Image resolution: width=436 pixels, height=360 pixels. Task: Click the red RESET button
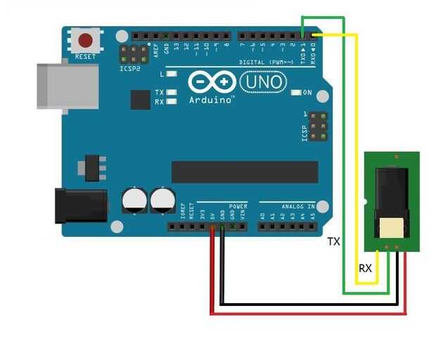click(x=86, y=41)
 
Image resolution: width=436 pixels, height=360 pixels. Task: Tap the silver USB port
click(x=68, y=86)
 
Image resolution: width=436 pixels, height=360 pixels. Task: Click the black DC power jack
click(x=81, y=205)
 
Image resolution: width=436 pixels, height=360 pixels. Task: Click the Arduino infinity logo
click(x=212, y=83)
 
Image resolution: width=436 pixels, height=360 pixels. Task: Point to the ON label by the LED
click(x=307, y=93)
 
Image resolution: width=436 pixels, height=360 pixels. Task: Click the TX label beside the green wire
click(x=333, y=242)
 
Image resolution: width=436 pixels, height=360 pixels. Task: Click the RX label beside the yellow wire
click(x=365, y=269)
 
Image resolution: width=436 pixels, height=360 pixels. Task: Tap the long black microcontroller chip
click(x=240, y=172)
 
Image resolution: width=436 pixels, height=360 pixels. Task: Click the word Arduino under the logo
click(x=211, y=100)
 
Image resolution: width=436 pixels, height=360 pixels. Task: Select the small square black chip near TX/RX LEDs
click(x=141, y=99)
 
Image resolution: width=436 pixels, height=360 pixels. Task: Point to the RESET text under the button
click(x=85, y=56)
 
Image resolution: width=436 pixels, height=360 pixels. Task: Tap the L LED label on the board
click(x=162, y=74)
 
